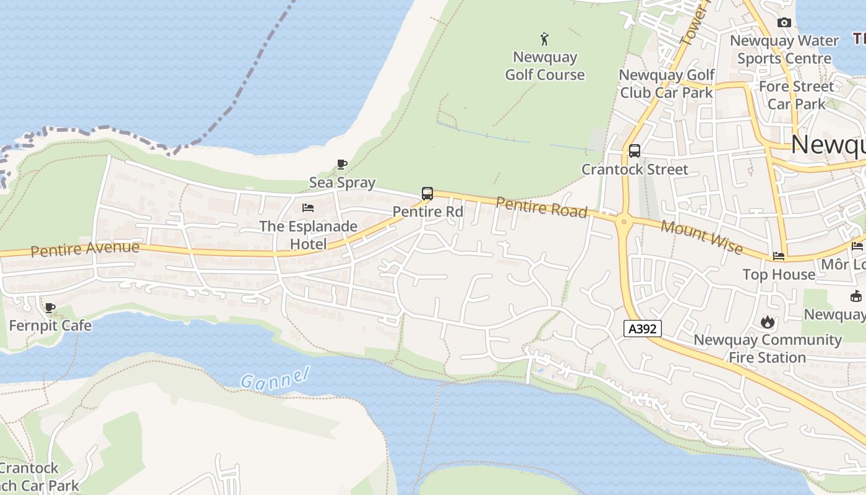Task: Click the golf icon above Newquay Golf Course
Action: tap(544, 40)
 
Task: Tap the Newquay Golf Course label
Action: tap(544, 66)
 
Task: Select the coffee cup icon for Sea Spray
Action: tap(341, 164)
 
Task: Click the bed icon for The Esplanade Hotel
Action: tap(308, 208)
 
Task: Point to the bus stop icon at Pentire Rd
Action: tap(427, 194)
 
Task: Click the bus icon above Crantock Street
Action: tap(634, 151)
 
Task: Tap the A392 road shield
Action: tap(642, 329)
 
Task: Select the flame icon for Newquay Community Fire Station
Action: tap(767, 322)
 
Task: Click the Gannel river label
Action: tap(274, 378)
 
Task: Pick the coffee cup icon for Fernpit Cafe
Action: tap(50, 308)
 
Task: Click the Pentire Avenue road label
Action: tap(85, 249)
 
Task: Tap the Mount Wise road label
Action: tap(701, 236)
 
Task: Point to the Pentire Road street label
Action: tap(541, 207)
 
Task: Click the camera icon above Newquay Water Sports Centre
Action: tap(784, 23)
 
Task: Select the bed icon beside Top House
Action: tap(779, 256)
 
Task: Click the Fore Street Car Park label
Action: tap(796, 95)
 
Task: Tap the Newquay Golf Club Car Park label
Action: tap(667, 84)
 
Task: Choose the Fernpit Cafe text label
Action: tap(50, 325)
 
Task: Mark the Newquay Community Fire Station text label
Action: tap(767, 348)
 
